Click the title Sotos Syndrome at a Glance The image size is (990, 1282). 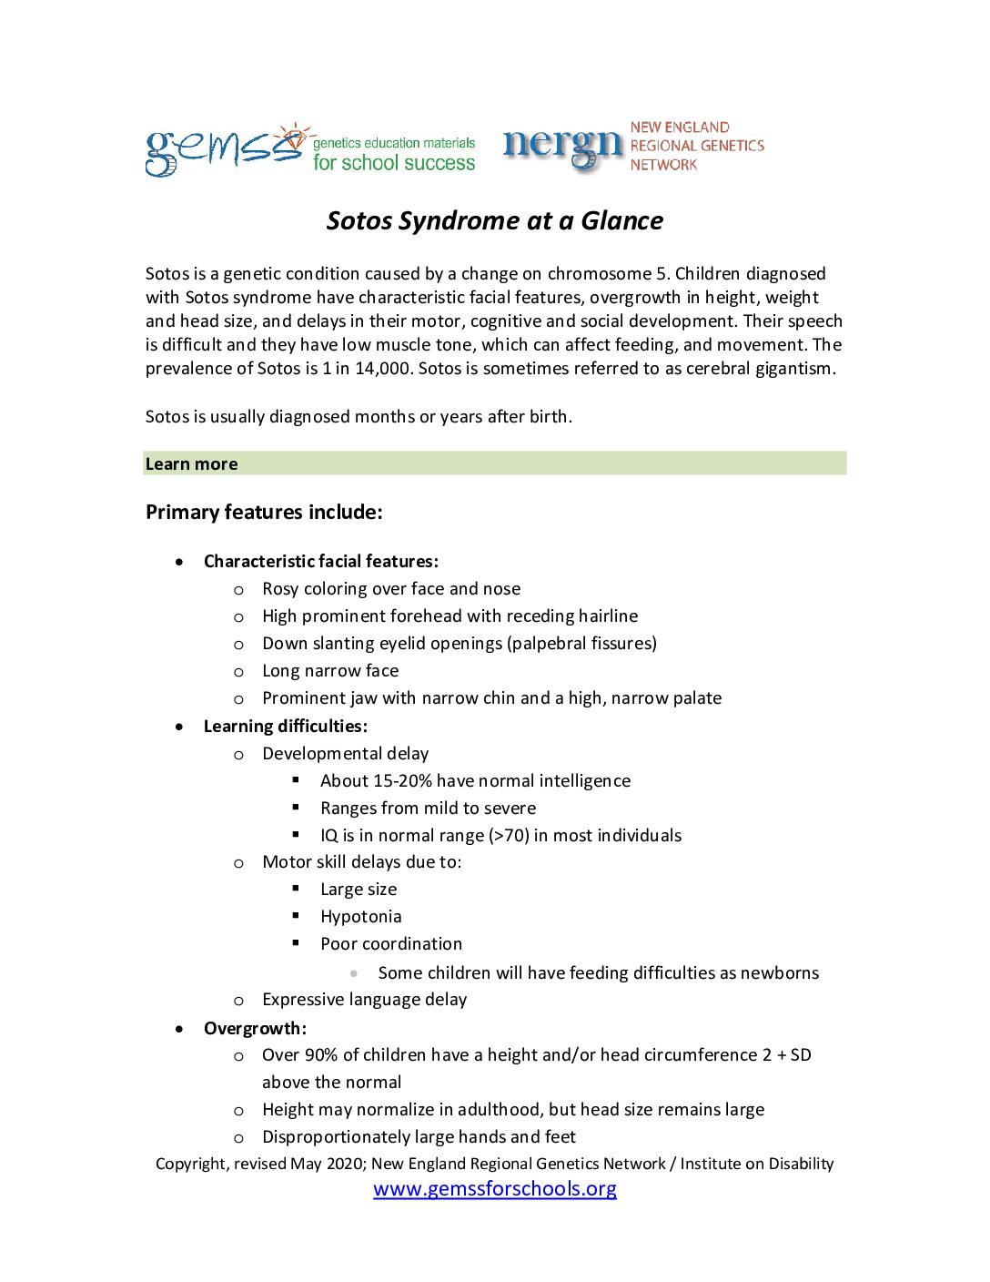click(495, 220)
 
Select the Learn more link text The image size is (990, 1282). click(192, 463)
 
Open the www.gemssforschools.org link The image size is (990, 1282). click(495, 1188)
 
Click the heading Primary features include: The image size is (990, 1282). click(264, 512)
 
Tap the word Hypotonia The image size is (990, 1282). click(360, 916)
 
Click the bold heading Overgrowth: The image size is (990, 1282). click(255, 1028)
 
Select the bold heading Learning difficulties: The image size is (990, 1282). click(286, 726)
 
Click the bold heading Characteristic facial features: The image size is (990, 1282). click(321, 561)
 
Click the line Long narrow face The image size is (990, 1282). click(330, 670)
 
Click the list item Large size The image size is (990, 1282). click(359, 889)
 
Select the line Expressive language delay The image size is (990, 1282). click(364, 999)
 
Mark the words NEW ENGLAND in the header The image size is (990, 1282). click(680, 127)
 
